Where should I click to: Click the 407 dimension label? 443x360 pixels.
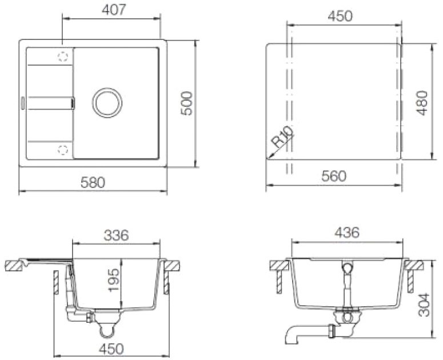tap(113, 10)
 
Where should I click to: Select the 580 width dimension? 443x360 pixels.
tap(93, 182)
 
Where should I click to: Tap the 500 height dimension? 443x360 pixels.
tap(186, 103)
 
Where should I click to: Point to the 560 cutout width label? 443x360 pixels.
tap(334, 176)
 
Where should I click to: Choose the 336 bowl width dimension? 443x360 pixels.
tap(116, 235)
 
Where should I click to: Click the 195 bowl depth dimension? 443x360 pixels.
tap(114, 280)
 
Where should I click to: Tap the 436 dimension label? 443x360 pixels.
tap(347, 233)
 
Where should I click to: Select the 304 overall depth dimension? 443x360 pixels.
tap(424, 305)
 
